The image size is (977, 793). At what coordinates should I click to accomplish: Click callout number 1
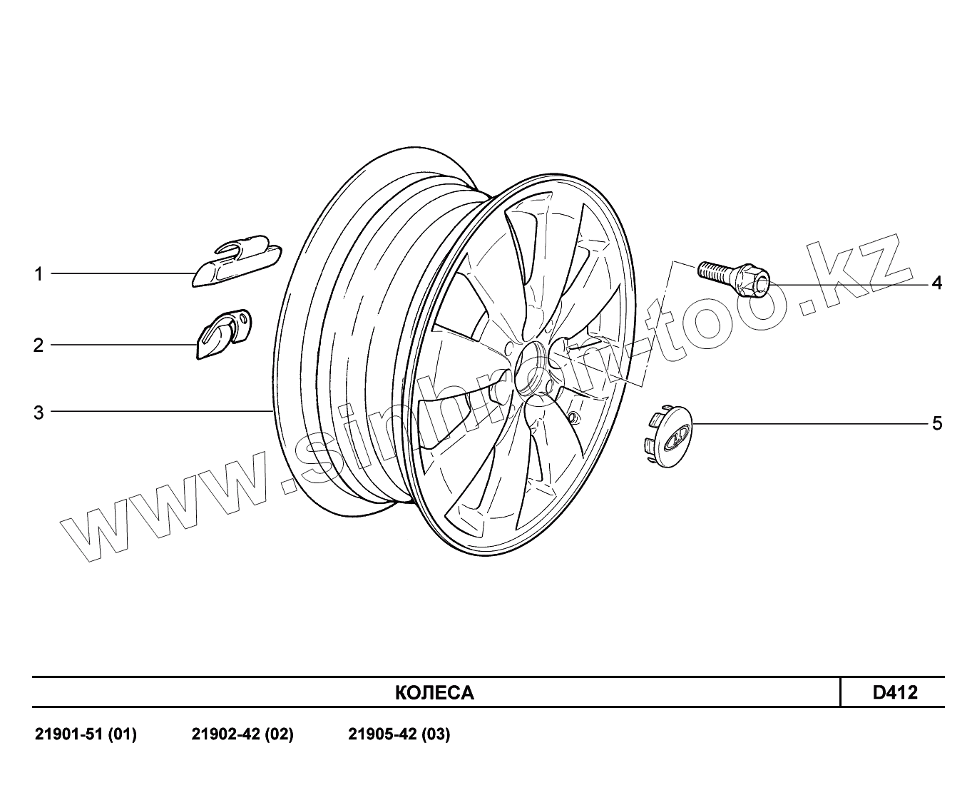tap(39, 274)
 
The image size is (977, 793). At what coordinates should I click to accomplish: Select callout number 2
tap(39, 345)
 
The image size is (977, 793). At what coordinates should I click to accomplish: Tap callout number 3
tap(39, 413)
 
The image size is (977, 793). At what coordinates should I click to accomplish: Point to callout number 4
tap(936, 283)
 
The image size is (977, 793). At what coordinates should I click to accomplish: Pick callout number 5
tap(937, 424)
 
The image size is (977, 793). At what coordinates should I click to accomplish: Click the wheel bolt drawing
tap(735, 278)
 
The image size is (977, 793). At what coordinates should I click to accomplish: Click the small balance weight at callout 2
tap(222, 333)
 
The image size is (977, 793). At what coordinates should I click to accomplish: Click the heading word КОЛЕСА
tap(434, 693)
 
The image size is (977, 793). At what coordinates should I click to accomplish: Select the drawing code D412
tap(895, 692)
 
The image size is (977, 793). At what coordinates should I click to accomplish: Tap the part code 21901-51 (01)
tap(86, 734)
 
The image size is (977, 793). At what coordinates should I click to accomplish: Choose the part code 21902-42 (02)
tap(242, 734)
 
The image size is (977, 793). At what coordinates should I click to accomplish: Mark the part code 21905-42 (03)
tap(399, 734)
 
